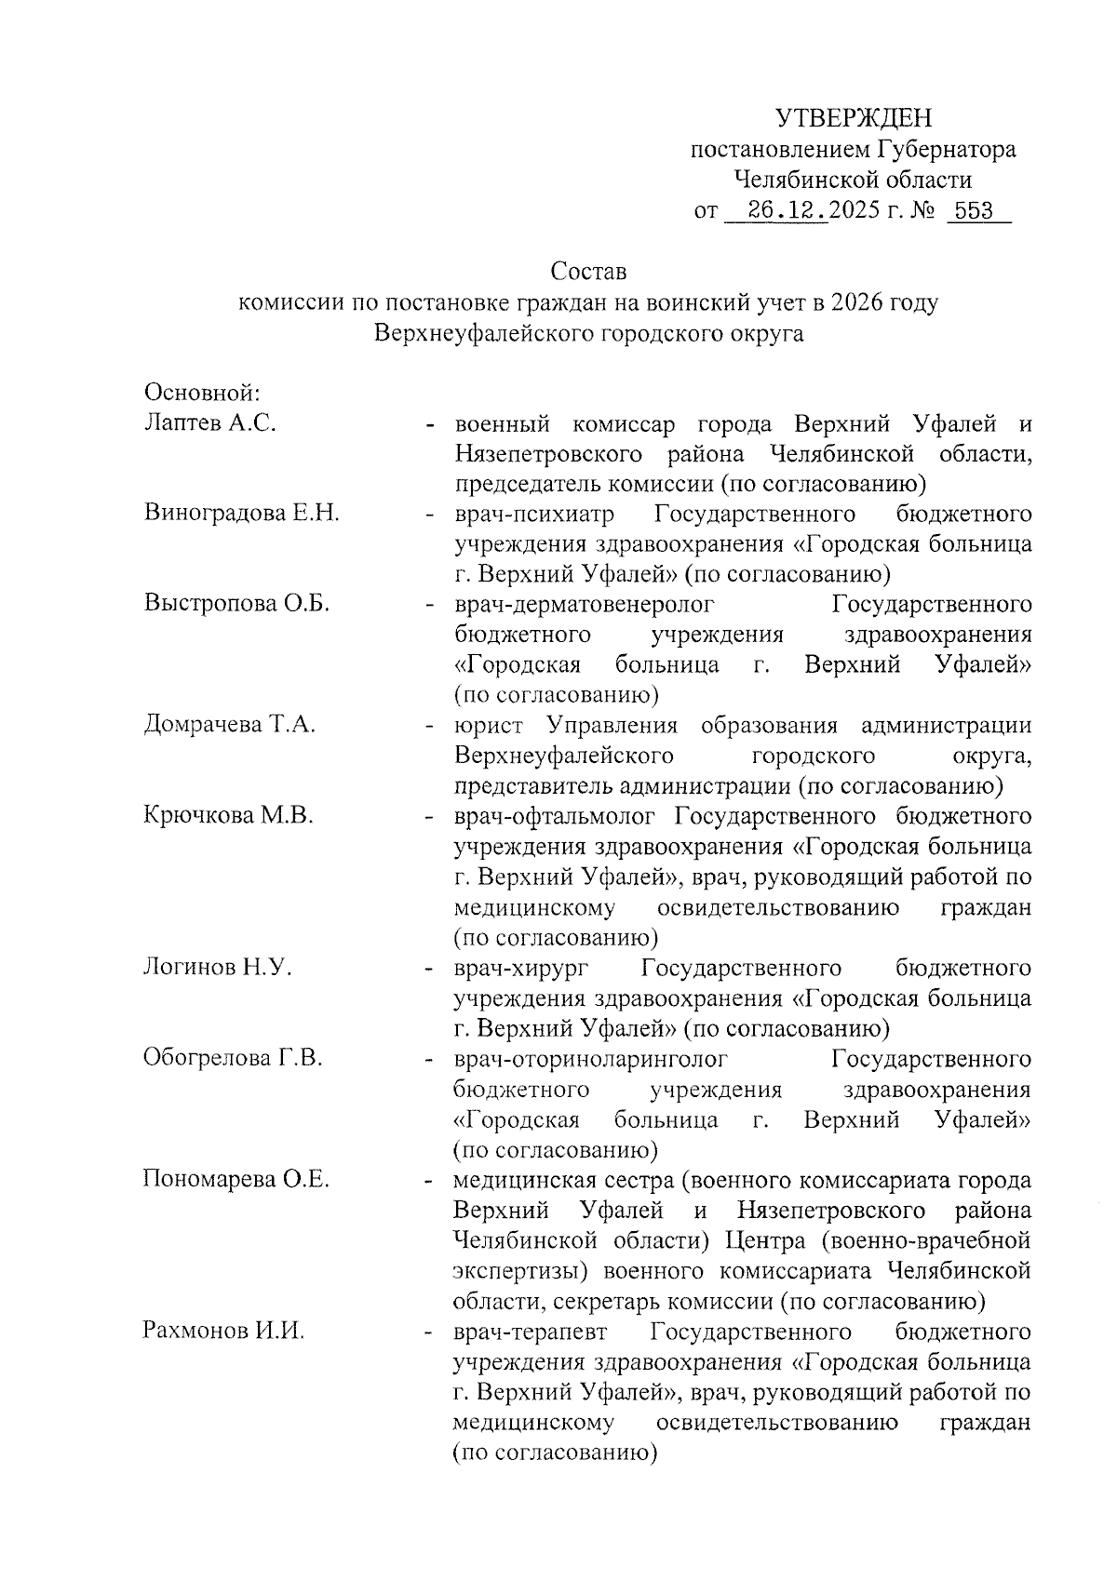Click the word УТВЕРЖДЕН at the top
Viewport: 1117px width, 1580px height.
pyautogui.click(x=854, y=118)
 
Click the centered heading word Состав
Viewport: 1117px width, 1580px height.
pyautogui.click(x=588, y=272)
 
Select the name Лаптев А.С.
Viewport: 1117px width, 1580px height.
pyautogui.click(x=210, y=423)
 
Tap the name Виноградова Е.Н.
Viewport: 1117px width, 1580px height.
pyautogui.click(x=241, y=514)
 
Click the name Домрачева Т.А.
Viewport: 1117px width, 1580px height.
pyautogui.click(x=229, y=725)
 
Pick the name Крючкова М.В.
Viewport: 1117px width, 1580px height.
pyautogui.click(x=227, y=816)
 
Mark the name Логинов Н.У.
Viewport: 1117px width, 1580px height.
pyautogui.click(x=217, y=968)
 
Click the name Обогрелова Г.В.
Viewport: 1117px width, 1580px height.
pyautogui.click(x=232, y=1058)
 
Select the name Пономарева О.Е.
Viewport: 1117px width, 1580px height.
pyautogui.click(x=236, y=1180)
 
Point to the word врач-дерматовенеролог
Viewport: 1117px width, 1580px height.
pyautogui.click(x=584, y=605)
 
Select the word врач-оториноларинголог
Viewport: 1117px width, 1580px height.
pyautogui.click(x=589, y=1059)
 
